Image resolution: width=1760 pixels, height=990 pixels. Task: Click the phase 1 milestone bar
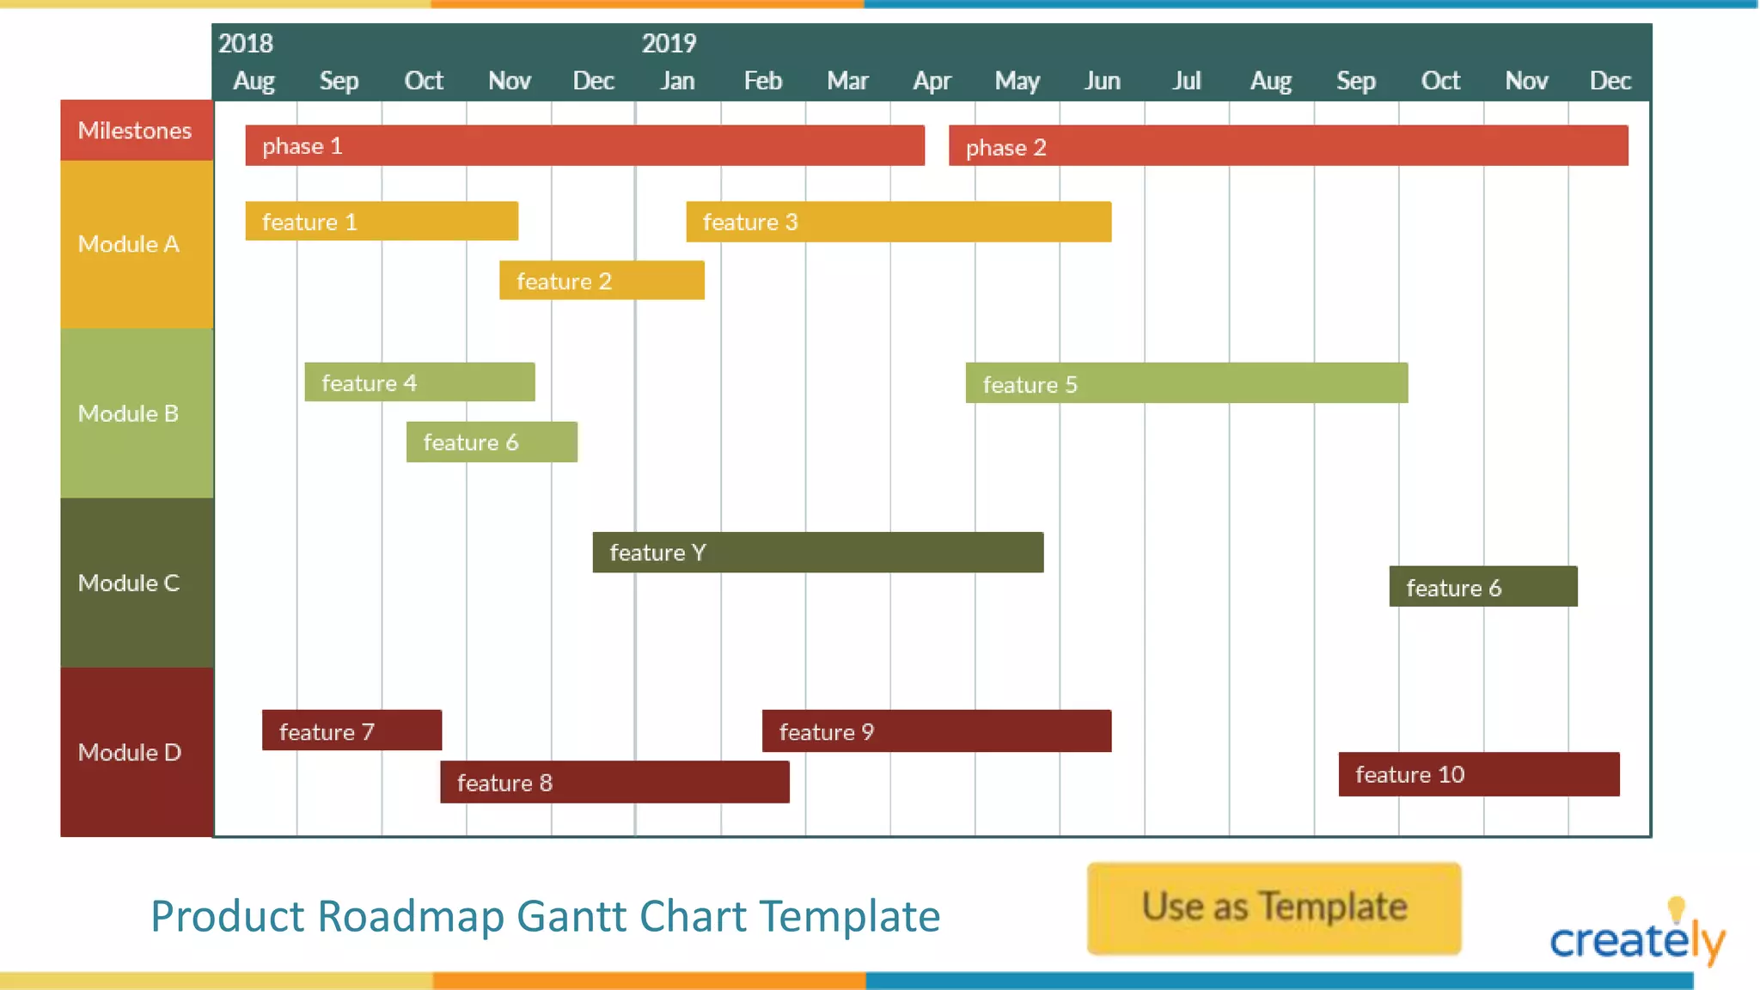(x=584, y=145)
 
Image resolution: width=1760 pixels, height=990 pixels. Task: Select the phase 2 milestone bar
(x=1287, y=145)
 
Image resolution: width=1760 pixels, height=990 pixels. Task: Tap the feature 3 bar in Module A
(x=898, y=222)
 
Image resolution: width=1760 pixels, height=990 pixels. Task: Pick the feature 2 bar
(x=602, y=280)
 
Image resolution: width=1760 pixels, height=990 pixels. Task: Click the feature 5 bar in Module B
(x=1186, y=383)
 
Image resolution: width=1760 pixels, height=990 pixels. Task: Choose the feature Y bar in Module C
(x=817, y=552)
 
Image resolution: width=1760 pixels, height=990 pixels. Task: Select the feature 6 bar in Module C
(x=1482, y=587)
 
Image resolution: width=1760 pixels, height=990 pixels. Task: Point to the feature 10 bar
(x=1478, y=774)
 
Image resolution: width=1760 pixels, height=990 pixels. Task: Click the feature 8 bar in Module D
(x=614, y=782)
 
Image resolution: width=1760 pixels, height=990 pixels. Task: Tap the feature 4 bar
(x=419, y=382)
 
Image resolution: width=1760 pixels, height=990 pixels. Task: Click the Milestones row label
(x=136, y=131)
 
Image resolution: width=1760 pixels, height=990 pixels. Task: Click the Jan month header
(x=677, y=81)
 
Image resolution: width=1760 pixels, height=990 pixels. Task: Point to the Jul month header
(x=1186, y=81)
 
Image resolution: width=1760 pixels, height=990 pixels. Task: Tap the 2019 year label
(x=669, y=43)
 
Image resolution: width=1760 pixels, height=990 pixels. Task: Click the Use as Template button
(x=1274, y=907)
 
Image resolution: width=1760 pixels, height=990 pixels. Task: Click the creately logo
(x=1636, y=937)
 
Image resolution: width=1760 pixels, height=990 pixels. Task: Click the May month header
(x=1017, y=81)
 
